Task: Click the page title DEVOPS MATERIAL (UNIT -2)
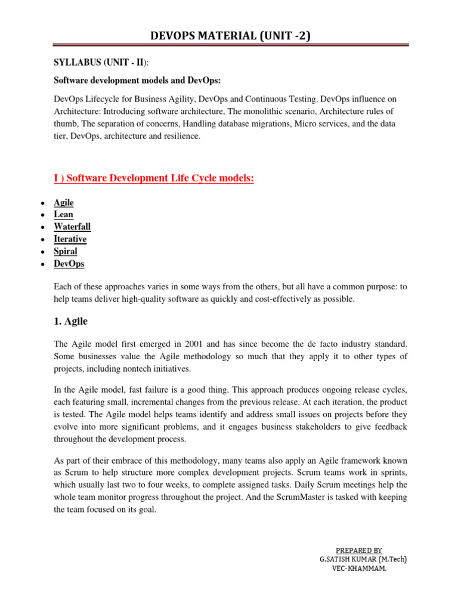pos(230,37)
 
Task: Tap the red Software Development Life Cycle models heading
pos(154,179)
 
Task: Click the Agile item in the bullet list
pos(64,203)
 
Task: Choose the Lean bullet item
pos(64,215)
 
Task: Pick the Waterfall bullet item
pos(72,227)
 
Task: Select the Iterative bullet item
pos(70,239)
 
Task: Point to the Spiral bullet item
pos(66,251)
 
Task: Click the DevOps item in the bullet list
pos(69,264)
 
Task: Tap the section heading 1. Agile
pos(70,322)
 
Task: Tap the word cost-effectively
pos(267,300)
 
